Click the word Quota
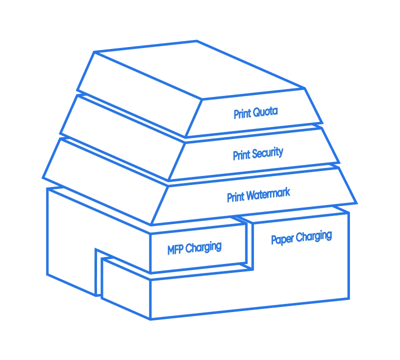pyautogui.click(x=265, y=112)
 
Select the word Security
pyautogui.click(x=267, y=153)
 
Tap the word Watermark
pyautogui.click(x=268, y=194)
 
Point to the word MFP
pyautogui.click(x=175, y=249)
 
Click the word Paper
pyautogui.click(x=282, y=239)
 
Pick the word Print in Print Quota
pyautogui.click(x=242, y=114)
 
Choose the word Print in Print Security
pyautogui.click(x=241, y=155)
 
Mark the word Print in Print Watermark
pyautogui.click(x=235, y=197)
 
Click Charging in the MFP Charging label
pyautogui.click(x=203, y=247)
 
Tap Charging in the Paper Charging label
pyautogui.click(x=314, y=236)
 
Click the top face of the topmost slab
pyautogui.click(x=199, y=69)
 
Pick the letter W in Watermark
pyautogui.click(x=251, y=196)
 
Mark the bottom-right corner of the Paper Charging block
pyautogui.click(x=348, y=298)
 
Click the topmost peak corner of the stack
pyautogui.click(x=196, y=41)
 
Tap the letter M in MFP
pyautogui.click(x=171, y=250)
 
